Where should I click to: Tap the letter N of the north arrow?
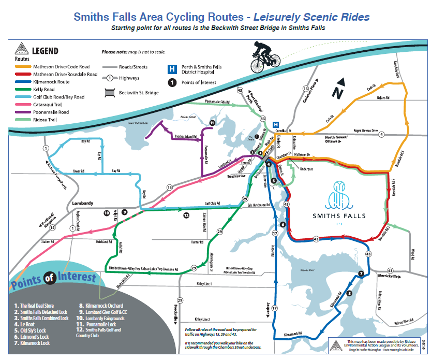(x=338, y=93)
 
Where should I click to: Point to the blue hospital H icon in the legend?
(x=170, y=68)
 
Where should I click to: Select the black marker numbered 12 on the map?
(x=185, y=215)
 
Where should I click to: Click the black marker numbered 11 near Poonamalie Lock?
(x=212, y=123)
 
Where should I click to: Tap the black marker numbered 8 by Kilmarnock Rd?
(x=349, y=293)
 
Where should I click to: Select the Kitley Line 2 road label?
(x=203, y=319)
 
